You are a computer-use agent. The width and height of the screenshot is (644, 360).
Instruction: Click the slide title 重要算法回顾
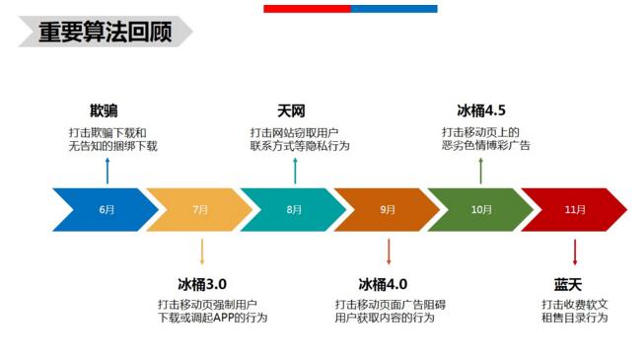(x=105, y=32)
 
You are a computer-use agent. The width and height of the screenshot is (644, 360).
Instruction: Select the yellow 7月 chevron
(x=200, y=209)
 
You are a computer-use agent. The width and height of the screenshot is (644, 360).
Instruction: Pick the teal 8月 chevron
(x=294, y=209)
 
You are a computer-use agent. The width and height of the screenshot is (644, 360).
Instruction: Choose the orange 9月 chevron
(x=388, y=209)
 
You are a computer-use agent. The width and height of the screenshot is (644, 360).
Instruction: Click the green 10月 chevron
(x=481, y=209)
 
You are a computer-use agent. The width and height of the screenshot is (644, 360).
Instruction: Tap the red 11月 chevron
(x=575, y=209)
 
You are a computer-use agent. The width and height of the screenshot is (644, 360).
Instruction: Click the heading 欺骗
(x=104, y=110)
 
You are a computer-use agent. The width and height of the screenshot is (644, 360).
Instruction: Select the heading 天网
(x=292, y=110)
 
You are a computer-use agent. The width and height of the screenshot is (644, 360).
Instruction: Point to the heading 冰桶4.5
(x=481, y=110)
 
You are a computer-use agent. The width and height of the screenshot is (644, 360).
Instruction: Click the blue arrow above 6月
(x=107, y=170)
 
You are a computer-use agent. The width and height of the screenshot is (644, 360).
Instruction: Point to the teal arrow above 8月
(x=295, y=170)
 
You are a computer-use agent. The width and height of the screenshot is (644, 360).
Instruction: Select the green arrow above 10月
(x=481, y=170)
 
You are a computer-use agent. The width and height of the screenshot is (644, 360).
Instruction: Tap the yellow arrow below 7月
(x=201, y=251)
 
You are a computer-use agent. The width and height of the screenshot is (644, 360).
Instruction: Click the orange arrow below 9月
(x=389, y=251)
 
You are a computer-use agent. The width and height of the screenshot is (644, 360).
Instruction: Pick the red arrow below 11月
(x=576, y=251)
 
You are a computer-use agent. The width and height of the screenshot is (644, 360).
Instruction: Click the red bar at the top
(x=307, y=9)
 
